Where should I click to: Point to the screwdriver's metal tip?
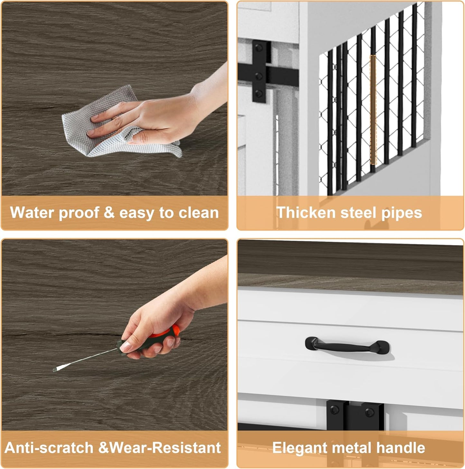click(55, 370)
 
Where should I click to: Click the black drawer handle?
click(347, 346)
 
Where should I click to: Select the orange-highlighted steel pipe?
click(373, 110)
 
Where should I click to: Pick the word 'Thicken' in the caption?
click(306, 213)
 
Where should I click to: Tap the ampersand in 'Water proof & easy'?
click(109, 213)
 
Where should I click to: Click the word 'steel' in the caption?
click(358, 213)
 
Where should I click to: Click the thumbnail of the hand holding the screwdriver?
click(114, 336)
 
